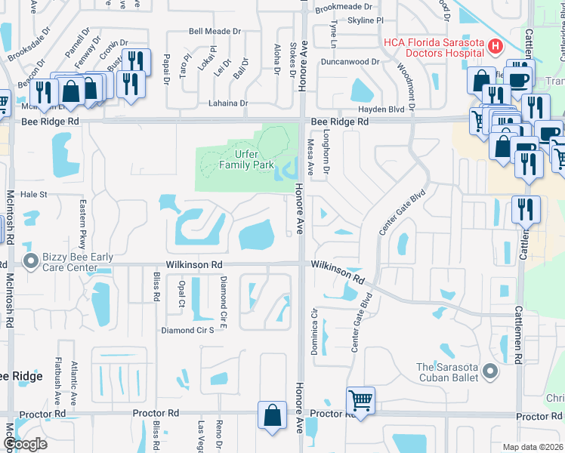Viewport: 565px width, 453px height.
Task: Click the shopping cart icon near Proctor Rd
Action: point(361,399)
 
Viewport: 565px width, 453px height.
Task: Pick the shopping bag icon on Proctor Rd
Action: point(272,414)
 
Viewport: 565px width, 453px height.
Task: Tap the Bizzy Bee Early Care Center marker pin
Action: point(31,262)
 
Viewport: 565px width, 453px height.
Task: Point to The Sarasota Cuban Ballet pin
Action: point(490,371)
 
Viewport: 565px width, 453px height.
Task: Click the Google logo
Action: point(24,444)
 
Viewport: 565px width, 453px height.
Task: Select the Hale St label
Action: point(34,194)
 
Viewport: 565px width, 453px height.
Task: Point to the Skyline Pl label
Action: point(366,21)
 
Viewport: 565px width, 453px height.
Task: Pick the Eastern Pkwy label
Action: point(83,218)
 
